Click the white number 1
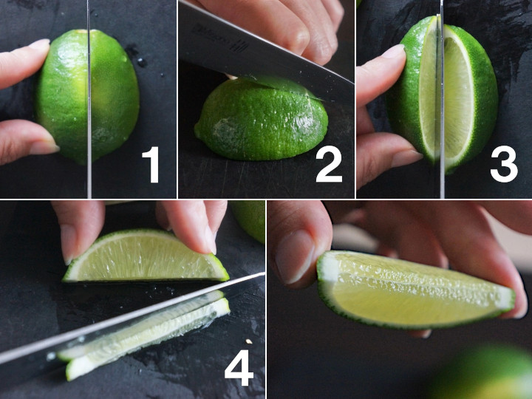coord(151,165)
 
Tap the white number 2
coord(329,165)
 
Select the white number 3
coord(504,165)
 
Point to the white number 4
coord(239,367)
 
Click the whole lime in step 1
coord(87,97)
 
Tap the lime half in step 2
coord(262,119)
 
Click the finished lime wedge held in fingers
coord(415,290)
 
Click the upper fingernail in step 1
coord(38,44)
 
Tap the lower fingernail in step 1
coord(44,147)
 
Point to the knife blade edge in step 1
coord(89,99)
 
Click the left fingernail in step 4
coord(69,245)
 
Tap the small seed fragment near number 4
coord(249,341)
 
